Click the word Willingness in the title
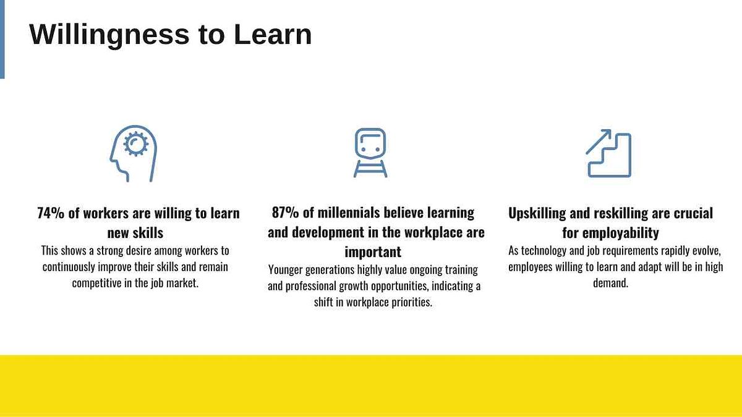(109, 35)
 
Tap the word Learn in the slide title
(273, 34)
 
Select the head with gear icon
(134, 154)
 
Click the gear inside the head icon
(135, 143)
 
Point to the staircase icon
(610, 155)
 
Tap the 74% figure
(51, 213)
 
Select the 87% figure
(285, 213)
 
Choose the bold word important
(373, 252)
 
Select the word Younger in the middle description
(285, 270)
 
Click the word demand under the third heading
(610, 283)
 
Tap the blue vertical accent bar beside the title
(2, 39)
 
